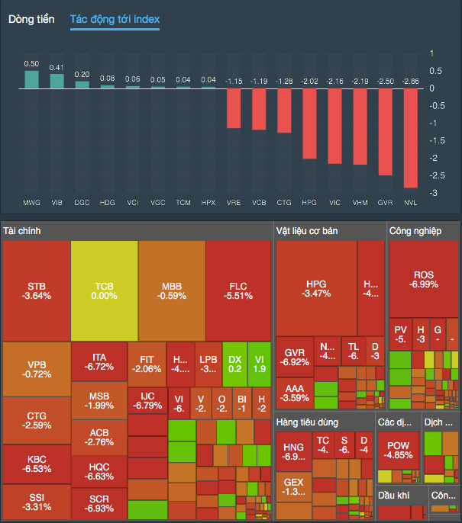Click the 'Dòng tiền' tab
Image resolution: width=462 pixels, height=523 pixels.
tap(31, 19)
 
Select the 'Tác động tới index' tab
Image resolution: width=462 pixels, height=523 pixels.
tap(115, 19)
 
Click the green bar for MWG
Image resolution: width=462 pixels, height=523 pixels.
tap(31, 80)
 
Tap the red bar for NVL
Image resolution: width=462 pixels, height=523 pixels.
tap(411, 138)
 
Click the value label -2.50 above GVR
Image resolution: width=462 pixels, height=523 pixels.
tap(386, 81)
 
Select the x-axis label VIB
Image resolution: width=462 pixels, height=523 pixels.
tap(57, 204)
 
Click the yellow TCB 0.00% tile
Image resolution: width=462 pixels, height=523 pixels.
tap(105, 291)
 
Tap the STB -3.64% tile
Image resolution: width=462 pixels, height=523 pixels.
tap(36, 291)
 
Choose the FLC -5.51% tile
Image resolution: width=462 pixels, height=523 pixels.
tap(238, 291)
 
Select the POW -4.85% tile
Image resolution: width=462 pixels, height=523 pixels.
tap(399, 450)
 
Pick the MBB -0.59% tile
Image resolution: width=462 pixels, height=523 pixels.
tap(172, 291)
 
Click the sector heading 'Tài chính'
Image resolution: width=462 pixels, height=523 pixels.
tap(22, 230)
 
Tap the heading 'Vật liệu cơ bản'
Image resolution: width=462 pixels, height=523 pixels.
tap(307, 230)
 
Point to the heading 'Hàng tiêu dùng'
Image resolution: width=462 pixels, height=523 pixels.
tap(308, 422)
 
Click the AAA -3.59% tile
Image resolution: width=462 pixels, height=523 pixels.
tap(294, 392)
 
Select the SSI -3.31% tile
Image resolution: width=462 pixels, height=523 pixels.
tap(36, 501)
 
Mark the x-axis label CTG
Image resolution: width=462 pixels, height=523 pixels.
tap(284, 204)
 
